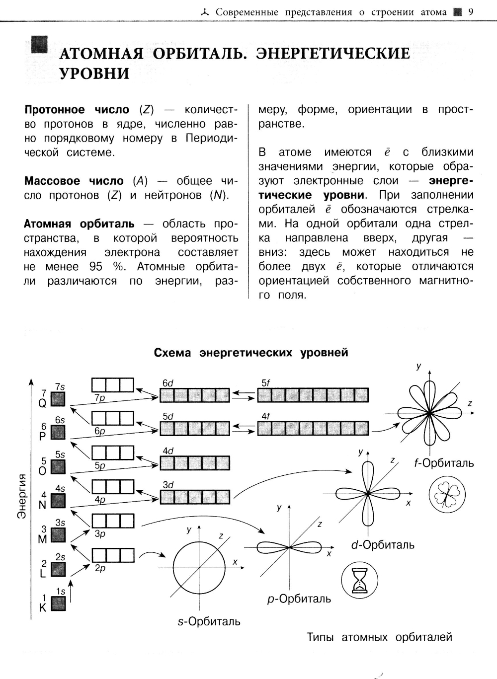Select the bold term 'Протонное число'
77,110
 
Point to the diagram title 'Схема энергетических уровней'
251,353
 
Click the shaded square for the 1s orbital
59,604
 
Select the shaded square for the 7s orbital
59,399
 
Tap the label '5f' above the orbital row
265,383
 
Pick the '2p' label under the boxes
100,568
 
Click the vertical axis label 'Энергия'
22,497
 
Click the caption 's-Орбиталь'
209,621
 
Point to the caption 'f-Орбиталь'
444,463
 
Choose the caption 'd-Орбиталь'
382,545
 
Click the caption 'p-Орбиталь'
299,599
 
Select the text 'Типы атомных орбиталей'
379,637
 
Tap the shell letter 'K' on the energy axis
43,607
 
